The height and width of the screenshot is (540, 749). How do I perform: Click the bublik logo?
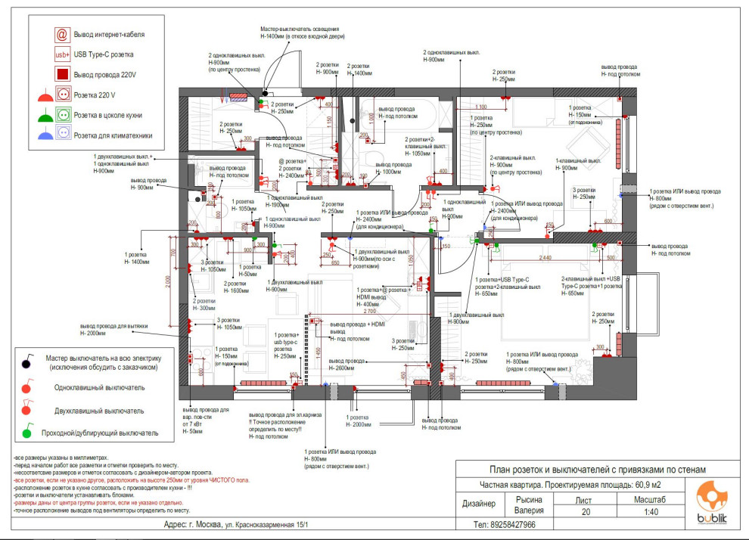(x=713, y=501)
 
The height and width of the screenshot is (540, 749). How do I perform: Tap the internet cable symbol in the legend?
(x=62, y=35)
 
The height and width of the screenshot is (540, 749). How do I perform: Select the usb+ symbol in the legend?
(x=62, y=54)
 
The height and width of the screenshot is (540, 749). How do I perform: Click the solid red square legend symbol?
(x=62, y=74)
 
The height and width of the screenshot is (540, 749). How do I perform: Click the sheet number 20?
(x=584, y=512)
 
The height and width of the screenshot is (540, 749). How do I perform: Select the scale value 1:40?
(x=652, y=512)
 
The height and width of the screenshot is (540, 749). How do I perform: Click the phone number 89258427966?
(x=504, y=525)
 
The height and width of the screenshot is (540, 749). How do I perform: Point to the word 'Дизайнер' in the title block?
(x=480, y=504)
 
